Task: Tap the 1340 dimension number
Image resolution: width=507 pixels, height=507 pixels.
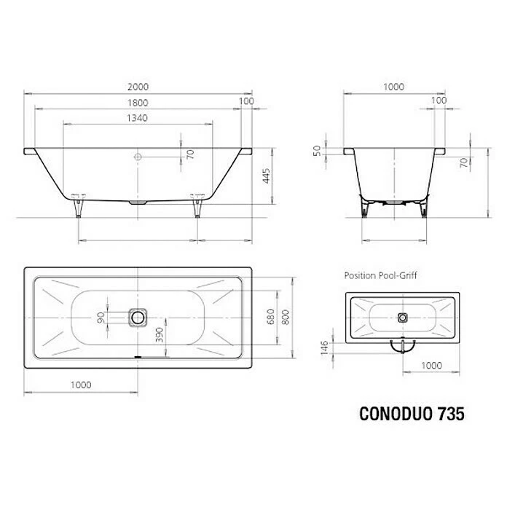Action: coord(136,118)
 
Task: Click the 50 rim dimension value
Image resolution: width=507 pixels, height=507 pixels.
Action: coord(317,150)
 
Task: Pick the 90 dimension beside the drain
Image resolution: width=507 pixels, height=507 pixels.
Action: coord(101,317)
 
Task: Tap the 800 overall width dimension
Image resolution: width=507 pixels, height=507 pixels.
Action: coord(286,317)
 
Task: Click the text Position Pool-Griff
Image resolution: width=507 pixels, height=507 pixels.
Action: coord(380,276)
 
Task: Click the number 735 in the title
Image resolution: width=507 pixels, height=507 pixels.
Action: coord(449,414)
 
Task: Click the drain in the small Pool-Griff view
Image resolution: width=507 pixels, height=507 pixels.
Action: coord(404,318)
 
